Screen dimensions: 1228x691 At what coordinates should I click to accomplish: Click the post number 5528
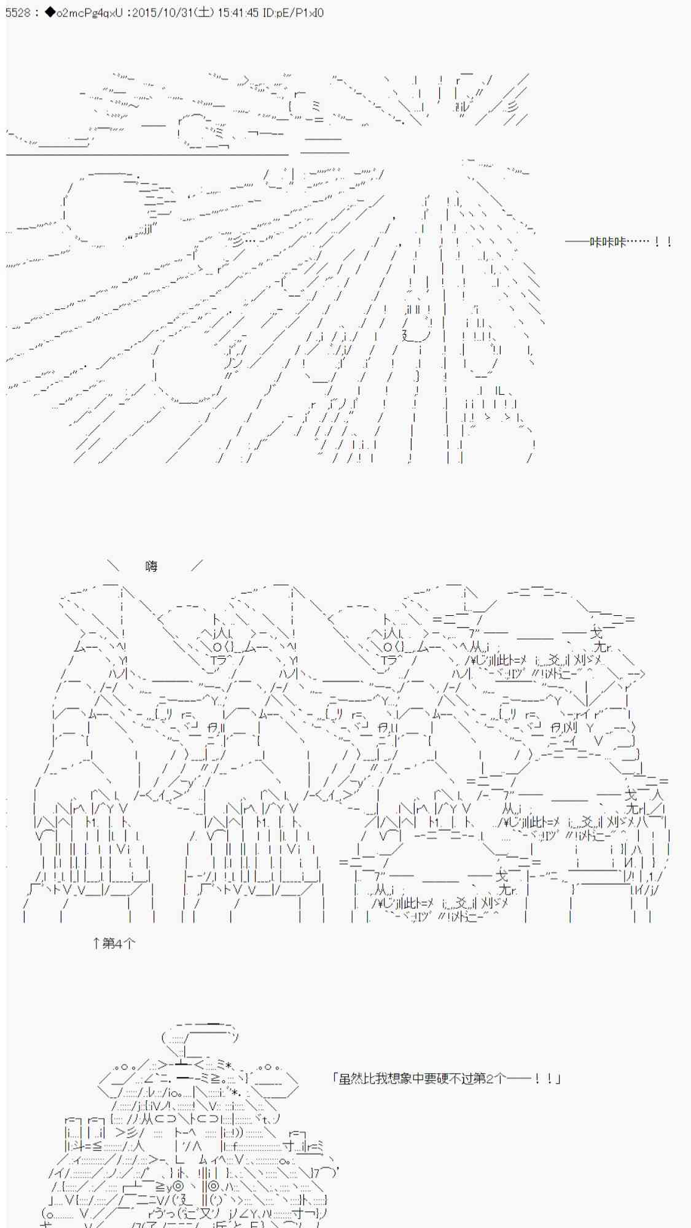click(x=18, y=12)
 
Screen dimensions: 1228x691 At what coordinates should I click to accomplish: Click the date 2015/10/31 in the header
click(x=160, y=12)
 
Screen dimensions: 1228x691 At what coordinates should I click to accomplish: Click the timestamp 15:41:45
click(x=238, y=12)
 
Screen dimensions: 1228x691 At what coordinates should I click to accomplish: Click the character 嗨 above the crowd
click(x=152, y=566)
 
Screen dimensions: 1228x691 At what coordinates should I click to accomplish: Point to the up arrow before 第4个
click(x=96, y=943)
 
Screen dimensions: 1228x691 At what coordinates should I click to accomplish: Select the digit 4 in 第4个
click(x=119, y=943)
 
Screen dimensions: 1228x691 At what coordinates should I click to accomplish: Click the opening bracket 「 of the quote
click(x=335, y=1078)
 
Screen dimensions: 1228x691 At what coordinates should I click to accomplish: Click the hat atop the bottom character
click(x=200, y=1038)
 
